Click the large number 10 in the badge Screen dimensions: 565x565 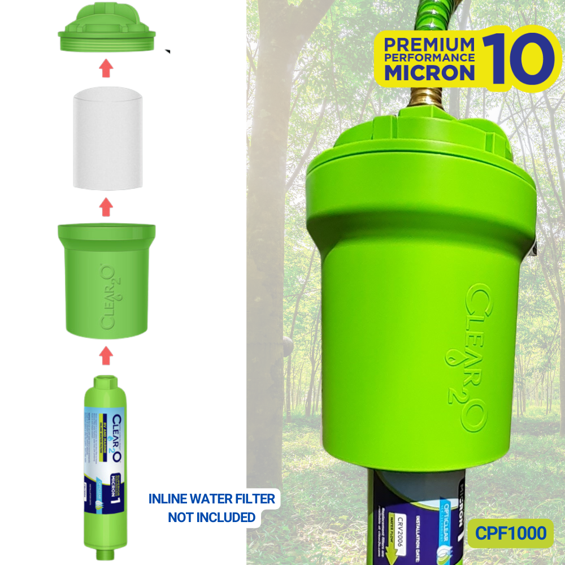click(518, 59)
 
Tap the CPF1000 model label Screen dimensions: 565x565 click(510, 533)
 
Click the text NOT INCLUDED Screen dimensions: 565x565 click(211, 517)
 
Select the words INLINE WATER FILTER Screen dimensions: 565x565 click(211, 499)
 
